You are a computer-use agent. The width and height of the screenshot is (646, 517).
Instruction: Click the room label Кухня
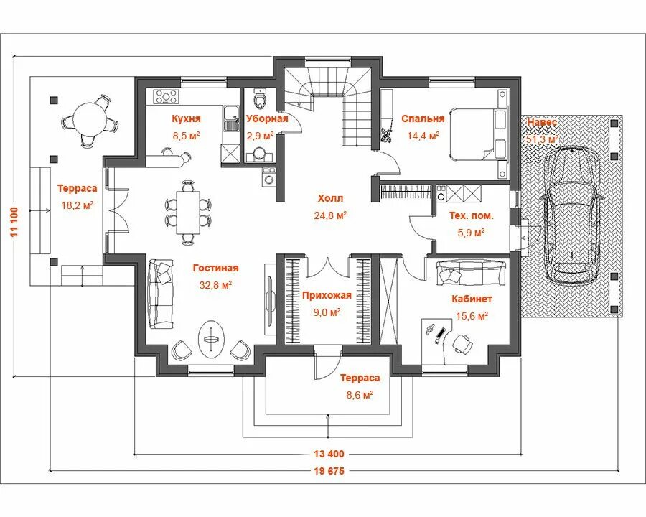coord(186,118)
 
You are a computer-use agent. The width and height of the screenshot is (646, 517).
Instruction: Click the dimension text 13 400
coord(329,454)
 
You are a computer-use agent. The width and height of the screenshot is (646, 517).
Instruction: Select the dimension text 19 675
coord(329,472)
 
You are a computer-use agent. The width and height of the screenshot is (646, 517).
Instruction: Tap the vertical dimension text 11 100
coord(15,229)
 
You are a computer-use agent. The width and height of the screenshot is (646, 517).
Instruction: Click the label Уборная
coord(267,118)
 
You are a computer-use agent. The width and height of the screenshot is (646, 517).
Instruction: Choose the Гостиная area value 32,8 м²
coord(216,284)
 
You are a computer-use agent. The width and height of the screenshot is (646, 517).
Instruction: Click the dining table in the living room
coord(189,210)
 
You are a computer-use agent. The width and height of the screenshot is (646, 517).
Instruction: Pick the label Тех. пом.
coord(471,215)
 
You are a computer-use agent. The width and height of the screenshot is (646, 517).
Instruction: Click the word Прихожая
coord(326,294)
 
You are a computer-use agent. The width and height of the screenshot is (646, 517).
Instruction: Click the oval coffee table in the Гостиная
coord(212,337)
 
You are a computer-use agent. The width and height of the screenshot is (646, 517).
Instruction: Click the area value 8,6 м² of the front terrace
coord(360,394)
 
